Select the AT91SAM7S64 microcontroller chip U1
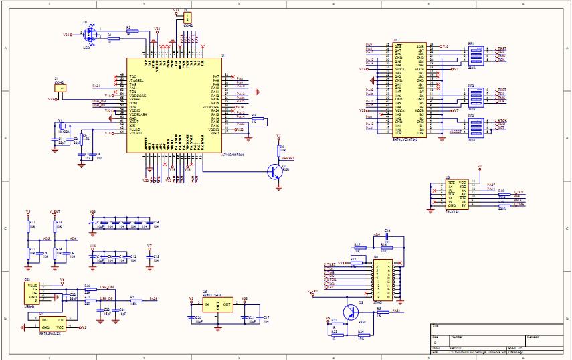tap(174, 105)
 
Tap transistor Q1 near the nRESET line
tap(274, 172)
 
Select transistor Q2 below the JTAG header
tap(349, 312)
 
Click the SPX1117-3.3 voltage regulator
tap(218, 306)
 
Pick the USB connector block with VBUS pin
tap(32, 294)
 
